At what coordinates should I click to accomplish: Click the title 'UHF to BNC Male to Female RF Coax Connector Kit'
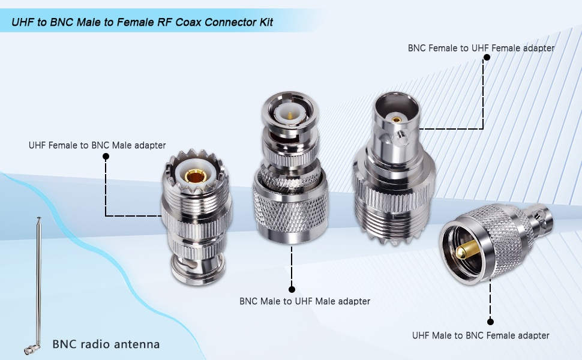142,22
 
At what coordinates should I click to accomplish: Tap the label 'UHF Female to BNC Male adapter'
97,145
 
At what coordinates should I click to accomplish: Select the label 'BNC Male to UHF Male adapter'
305,301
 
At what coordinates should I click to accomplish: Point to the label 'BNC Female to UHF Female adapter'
481,47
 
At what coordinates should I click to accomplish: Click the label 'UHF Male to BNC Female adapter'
481,335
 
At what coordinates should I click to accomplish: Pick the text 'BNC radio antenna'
106,344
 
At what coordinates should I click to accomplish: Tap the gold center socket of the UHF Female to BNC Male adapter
194,176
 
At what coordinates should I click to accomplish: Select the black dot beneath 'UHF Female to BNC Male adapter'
106,157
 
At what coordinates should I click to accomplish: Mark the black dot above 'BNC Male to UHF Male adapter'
292,289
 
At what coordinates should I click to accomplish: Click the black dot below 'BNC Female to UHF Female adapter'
487,58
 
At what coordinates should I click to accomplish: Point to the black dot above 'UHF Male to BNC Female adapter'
490,322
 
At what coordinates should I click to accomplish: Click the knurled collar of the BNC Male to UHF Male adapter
290,207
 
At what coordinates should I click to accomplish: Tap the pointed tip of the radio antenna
40,219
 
